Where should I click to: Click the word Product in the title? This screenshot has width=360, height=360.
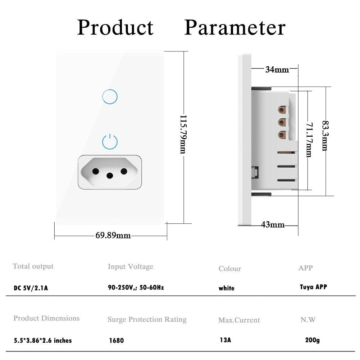115,28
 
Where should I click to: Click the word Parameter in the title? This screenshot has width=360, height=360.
235,28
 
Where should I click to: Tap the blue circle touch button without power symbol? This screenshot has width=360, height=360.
110,96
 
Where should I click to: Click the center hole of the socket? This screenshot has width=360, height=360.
110,175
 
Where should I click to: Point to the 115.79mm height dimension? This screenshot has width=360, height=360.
183,134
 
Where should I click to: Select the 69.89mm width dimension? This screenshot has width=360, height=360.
113,236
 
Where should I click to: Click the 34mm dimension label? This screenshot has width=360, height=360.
277,70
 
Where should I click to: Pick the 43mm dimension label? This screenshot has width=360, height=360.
273,225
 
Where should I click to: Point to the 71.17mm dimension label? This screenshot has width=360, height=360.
309,140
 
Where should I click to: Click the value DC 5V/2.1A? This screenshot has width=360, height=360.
31,288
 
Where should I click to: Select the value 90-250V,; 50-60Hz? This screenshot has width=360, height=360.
136,288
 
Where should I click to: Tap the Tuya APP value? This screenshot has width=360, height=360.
313,287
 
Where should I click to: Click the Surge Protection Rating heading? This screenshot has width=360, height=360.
147,319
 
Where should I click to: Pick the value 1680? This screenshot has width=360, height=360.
116,340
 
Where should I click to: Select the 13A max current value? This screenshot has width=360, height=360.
225,340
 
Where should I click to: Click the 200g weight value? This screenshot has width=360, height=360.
312,340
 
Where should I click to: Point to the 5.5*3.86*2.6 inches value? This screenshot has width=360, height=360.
42,340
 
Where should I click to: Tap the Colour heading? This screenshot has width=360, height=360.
229,269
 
